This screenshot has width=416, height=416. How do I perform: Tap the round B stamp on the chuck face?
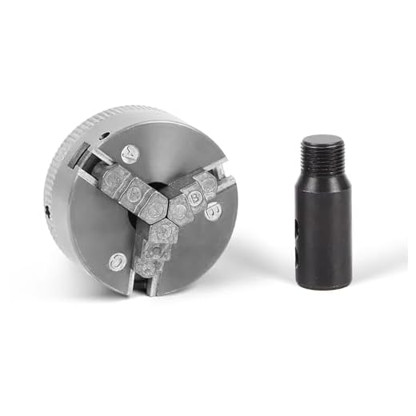point(213,212)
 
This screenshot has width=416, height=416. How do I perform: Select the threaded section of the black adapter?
point(322,152)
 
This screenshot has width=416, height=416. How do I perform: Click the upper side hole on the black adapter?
point(297,228)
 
